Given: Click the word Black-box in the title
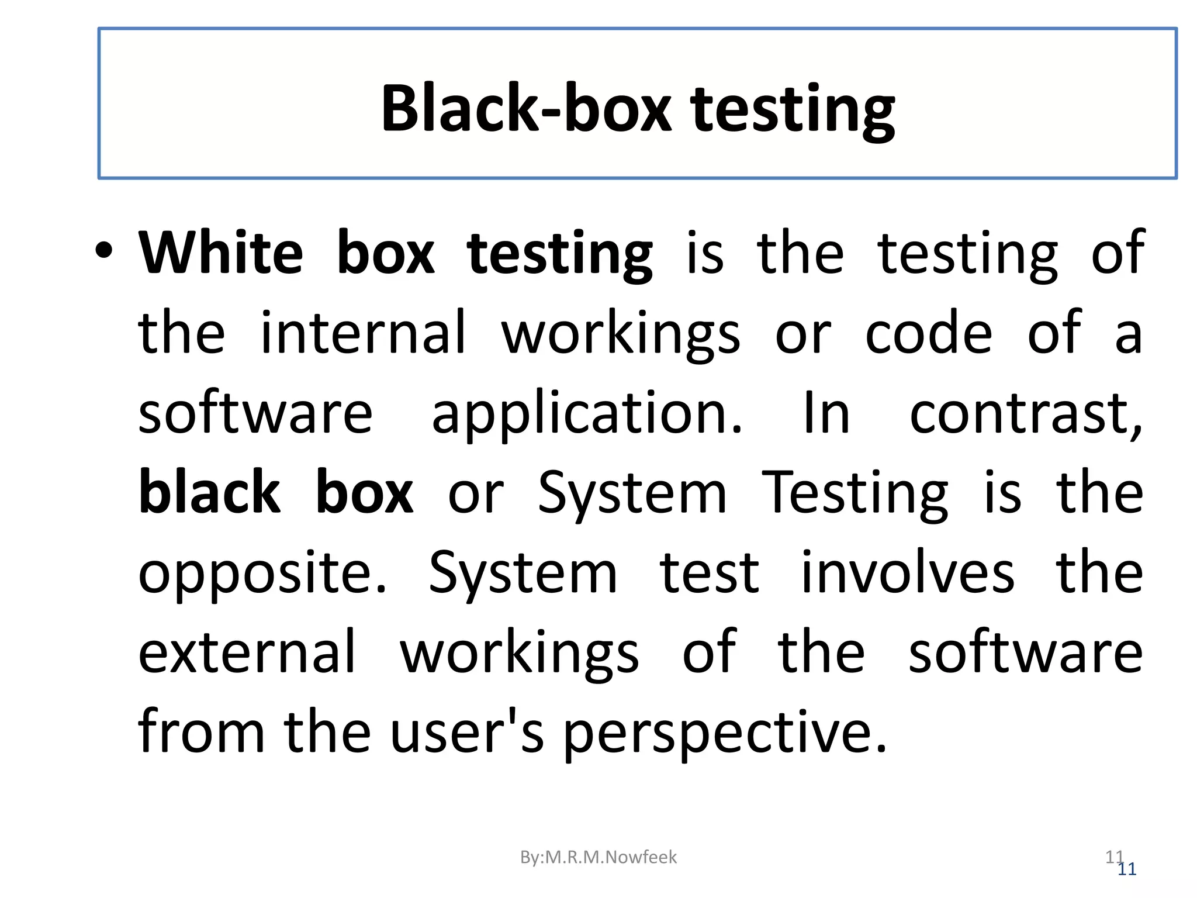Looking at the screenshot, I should point(526,109).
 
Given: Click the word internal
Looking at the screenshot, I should point(363,333).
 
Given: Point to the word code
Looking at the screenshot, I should point(928,333).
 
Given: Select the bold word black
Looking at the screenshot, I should point(209,492).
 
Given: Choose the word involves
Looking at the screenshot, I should point(907,573).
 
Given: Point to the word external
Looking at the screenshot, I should point(247,652).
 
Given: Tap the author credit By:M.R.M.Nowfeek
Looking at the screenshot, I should point(598,857).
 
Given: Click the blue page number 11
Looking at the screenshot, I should point(1127,869).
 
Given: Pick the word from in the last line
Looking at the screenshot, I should point(201,732).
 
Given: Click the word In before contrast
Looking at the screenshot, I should point(826,414).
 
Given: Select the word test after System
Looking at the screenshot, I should point(709,573).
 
